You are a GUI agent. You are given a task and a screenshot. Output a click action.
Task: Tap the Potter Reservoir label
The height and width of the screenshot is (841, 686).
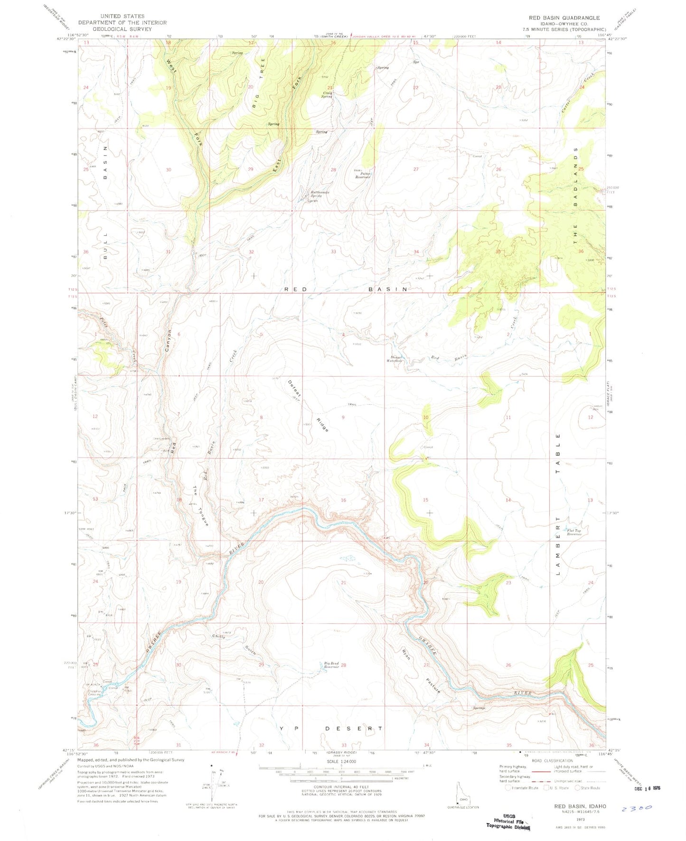(362, 174)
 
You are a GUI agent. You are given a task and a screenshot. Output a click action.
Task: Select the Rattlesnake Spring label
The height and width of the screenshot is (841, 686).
(320, 194)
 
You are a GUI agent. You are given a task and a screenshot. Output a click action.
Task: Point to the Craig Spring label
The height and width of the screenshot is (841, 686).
(326, 94)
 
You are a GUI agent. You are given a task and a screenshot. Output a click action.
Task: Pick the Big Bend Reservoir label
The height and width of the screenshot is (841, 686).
(331, 665)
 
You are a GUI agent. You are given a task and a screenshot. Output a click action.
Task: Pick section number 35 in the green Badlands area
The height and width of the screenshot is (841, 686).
(498, 252)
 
